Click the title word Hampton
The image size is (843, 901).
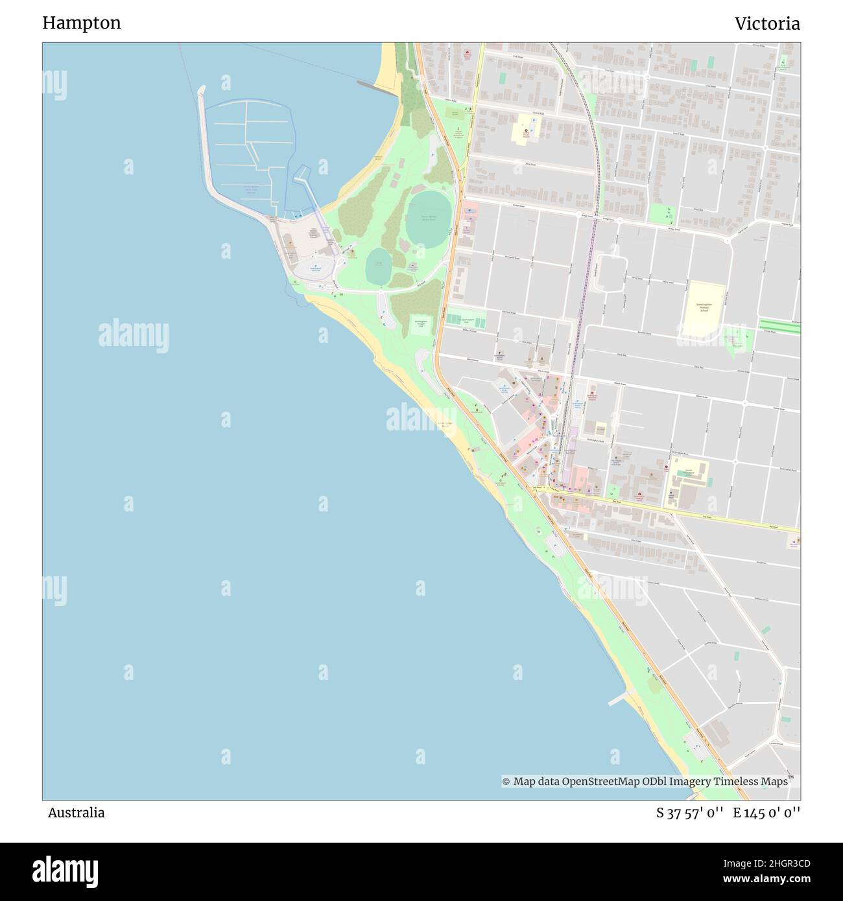click(x=81, y=23)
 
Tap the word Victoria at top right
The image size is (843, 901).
click(x=766, y=24)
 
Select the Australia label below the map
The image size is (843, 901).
click(x=76, y=813)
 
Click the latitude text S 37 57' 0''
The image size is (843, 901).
click(x=689, y=813)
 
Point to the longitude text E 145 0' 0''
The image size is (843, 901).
click(x=766, y=813)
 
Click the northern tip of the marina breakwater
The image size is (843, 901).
click(x=201, y=89)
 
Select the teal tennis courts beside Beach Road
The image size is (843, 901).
click(x=466, y=320)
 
